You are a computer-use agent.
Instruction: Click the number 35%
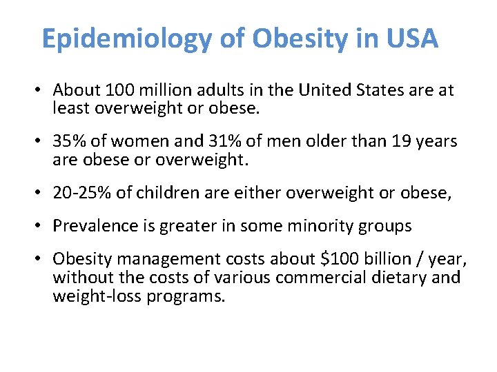[68, 142]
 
